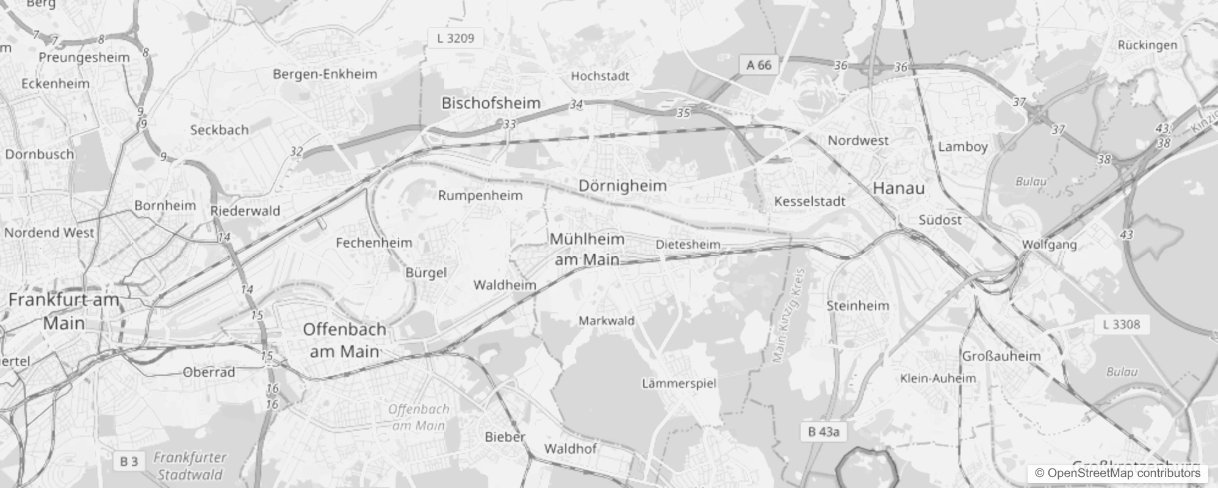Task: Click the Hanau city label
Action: click(x=898, y=188)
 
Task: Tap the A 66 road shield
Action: click(x=759, y=65)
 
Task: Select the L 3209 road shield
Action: click(x=455, y=38)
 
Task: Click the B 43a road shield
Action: click(x=823, y=432)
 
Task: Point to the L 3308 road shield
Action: click(x=1121, y=325)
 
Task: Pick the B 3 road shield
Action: click(x=129, y=462)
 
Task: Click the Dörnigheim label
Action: click(x=622, y=185)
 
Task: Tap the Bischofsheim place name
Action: click(x=491, y=103)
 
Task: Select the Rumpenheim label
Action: click(x=480, y=195)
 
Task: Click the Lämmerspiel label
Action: click(x=679, y=383)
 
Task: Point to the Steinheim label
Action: click(x=857, y=305)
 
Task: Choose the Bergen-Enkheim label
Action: click(x=325, y=74)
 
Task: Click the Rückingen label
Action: click(x=1147, y=45)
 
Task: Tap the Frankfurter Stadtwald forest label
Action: click(x=190, y=465)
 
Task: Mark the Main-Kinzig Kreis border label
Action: click(x=789, y=316)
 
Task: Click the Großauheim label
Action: click(x=1001, y=356)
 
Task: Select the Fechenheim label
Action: click(x=373, y=242)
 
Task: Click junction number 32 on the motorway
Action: click(x=296, y=151)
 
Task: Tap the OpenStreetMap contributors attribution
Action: click(x=1117, y=473)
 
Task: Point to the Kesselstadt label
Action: click(x=809, y=201)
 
